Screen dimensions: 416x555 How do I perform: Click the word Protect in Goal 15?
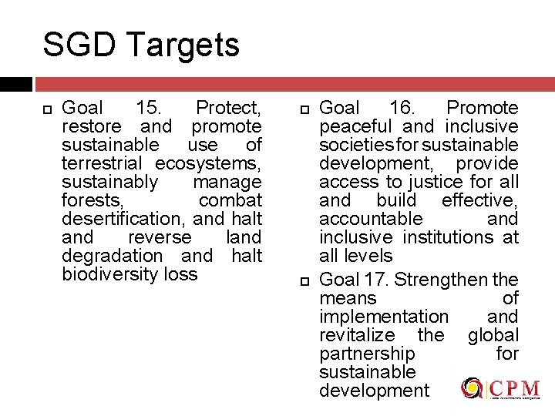coord(228,108)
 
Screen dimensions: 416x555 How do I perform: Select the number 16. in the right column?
coord(402,108)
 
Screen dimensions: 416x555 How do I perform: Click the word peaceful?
coord(355,126)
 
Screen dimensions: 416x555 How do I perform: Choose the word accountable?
coord(371,219)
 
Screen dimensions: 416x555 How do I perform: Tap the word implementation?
coord(383,317)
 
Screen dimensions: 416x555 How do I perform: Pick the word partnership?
coord(367,354)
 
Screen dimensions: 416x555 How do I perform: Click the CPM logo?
coord(501,389)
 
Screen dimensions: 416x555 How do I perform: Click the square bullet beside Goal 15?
coord(47,109)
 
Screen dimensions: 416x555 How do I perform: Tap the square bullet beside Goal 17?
coord(304,280)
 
